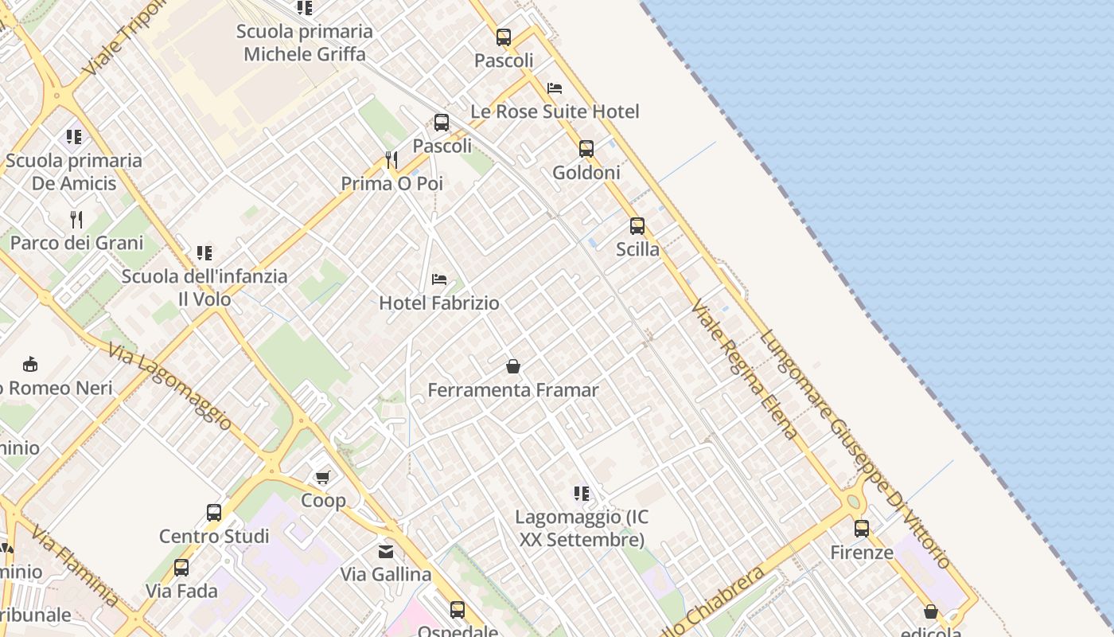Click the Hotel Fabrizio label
pyautogui.click(x=438, y=303)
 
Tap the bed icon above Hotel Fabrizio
pyautogui.click(x=438, y=279)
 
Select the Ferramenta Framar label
pyautogui.click(x=513, y=389)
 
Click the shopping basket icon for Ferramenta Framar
pyautogui.click(x=513, y=366)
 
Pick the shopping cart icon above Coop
pyautogui.click(x=322, y=477)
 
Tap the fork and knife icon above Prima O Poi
pyautogui.click(x=391, y=160)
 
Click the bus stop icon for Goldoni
pyautogui.click(x=586, y=149)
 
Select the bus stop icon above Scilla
pyautogui.click(x=637, y=226)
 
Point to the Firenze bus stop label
pyautogui.click(x=862, y=552)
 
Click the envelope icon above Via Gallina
pyautogui.click(x=386, y=551)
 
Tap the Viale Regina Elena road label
pyautogui.click(x=743, y=369)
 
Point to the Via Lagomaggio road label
pyautogui.click(x=170, y=387)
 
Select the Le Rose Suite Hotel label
pyautogui.click(x=555, y=111)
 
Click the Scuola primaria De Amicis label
pyautogui.click(x=74, y=171)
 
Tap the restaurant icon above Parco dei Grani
pyautogui.click(x=76, y=219)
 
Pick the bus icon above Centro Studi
pyautogui.click(x=214, y=513)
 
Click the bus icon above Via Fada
pyautogui.click(x=181, y=568)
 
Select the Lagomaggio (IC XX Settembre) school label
pyautogui.click(x=582, y=528)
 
